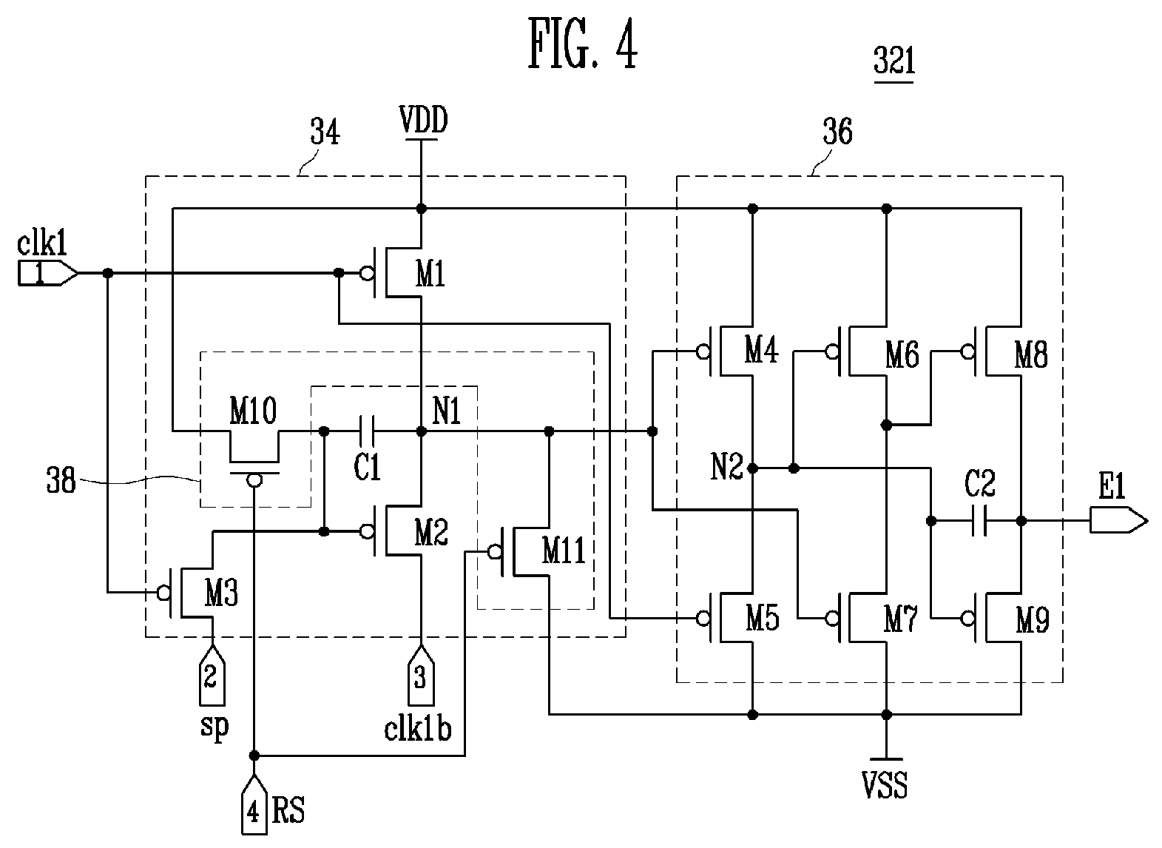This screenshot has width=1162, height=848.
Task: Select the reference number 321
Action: click(894, 63)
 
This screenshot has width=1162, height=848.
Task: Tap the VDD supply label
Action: click(422, 121)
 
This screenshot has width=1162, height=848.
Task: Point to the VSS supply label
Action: click(885, 786)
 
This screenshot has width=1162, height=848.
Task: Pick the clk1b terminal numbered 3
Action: click(421, 675)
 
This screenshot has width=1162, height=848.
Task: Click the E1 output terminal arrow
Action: click(1118, 521)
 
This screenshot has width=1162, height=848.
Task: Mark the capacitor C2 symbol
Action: click(980, 521)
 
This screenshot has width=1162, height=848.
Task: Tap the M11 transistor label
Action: click(564, 551)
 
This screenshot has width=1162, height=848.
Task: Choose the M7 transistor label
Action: click(901, 620)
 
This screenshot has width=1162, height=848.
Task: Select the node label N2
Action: click(726, 468)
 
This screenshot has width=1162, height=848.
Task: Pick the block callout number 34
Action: click(325, 134)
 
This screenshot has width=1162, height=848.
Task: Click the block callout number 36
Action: click(837, 132)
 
